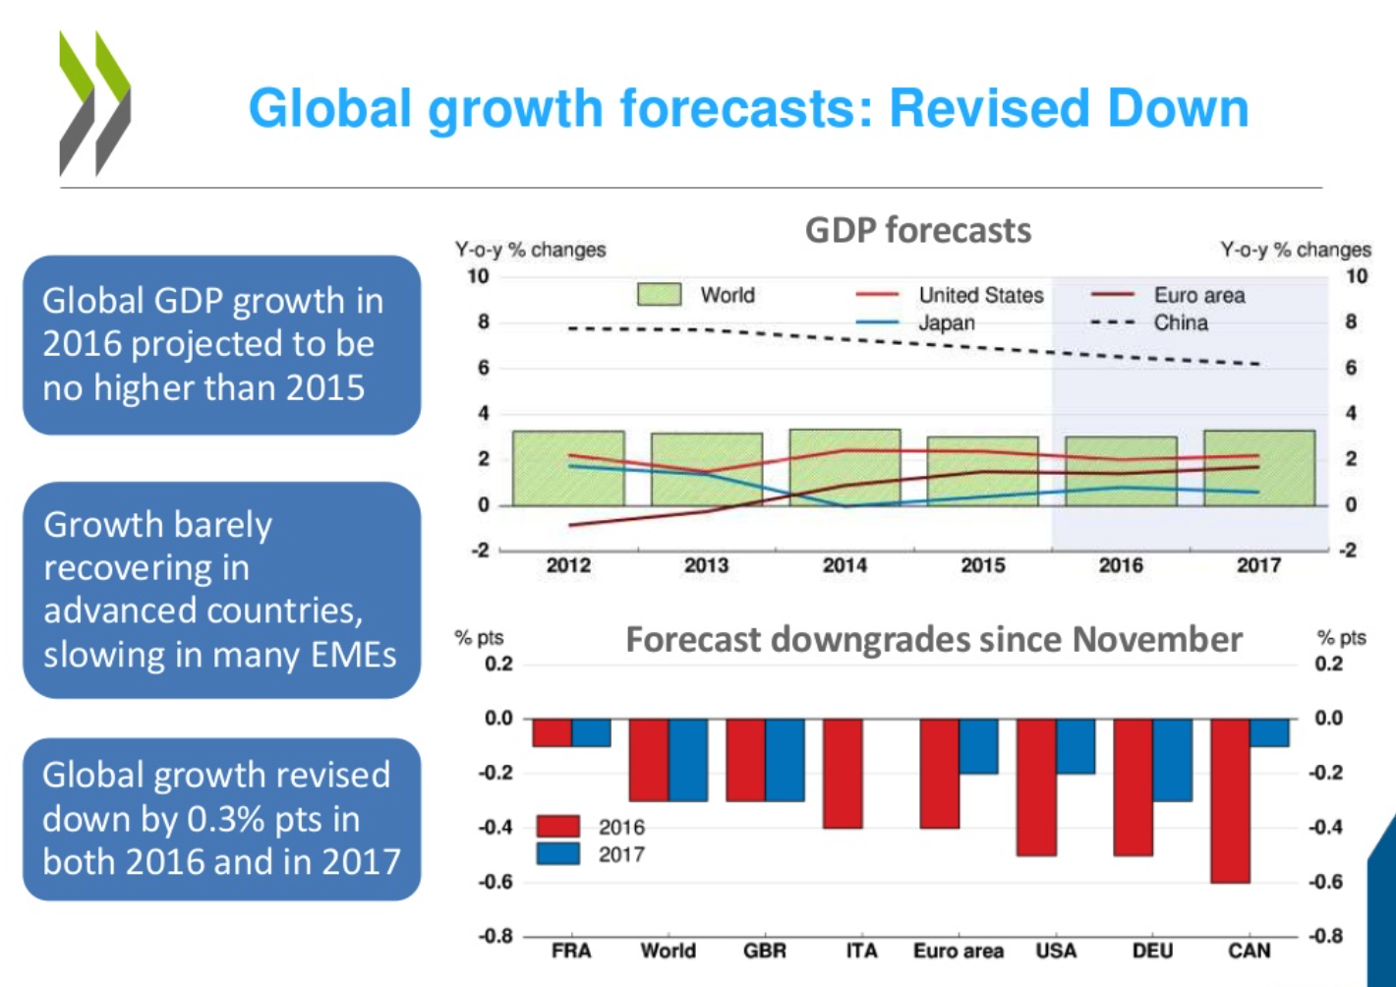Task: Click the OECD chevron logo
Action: tap(94, 103)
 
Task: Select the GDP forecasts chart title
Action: tap(917, 230)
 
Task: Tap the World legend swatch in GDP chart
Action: tap(659, 294)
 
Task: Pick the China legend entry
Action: tap(1180, 322)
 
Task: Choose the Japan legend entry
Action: tap(946, 322)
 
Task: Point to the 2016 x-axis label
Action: tap(1121, 565)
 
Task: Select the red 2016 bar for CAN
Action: tap(1230, 800)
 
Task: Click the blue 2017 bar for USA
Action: tap(1076, 746)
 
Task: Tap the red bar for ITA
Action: tap(843, 773)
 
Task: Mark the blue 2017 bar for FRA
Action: tap(591, 732)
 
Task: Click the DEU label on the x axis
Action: tap(1152, 951)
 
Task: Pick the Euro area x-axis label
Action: tap(958, 951)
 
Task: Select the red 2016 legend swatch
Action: tap(557, 827)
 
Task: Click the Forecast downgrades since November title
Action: tap(933, 639)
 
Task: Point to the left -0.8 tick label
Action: tap(496, 936)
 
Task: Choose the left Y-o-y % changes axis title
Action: tap(530, 250)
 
